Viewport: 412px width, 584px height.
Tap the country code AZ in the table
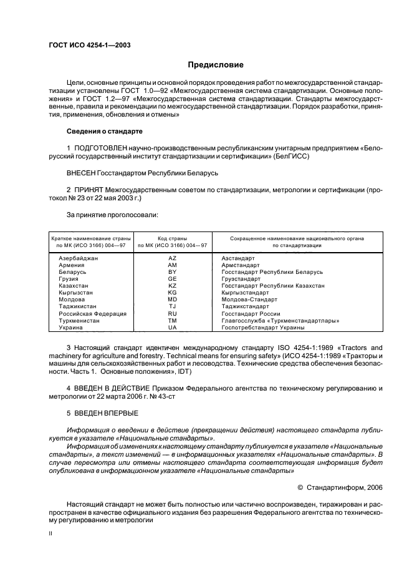173,258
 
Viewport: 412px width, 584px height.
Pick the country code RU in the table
173,313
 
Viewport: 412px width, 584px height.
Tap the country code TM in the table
173,320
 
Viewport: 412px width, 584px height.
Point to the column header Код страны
173,238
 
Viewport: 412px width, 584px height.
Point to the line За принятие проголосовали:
103,215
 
